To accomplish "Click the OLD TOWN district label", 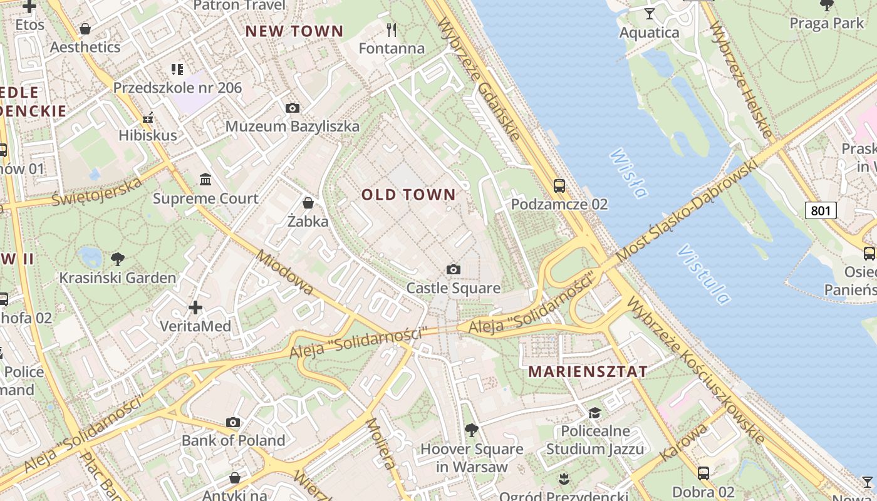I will click(x=408, y=195).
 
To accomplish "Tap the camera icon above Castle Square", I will click(x=454, y=270).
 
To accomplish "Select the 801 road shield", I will click(x=821, y=210).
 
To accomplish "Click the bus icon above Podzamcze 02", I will click(x=559, y=186).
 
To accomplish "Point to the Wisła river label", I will click(x=628, y=173).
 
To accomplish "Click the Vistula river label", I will click(x=703, y=274).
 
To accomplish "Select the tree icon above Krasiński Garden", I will click(x=117, y=259).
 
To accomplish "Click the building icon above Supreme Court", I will click(x=205, y=180).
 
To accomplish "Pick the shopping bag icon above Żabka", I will click(x=308, y=203).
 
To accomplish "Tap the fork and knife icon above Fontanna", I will click(x=392, y=29).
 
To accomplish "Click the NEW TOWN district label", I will click(x=294, y=31).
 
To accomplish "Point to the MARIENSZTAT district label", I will click(x=588, y=371).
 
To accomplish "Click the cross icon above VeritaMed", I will click(x=195, y=307).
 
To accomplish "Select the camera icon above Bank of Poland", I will click(x=233, y=423).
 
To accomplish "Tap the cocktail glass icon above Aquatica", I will click(x=649, y=13).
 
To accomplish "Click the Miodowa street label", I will click(x=284, y=272).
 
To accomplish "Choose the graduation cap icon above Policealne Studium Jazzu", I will click(x=594, y=413).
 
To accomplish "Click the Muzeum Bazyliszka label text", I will click(x=293, y=127).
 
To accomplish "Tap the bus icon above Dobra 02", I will click(x=703, y=473).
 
